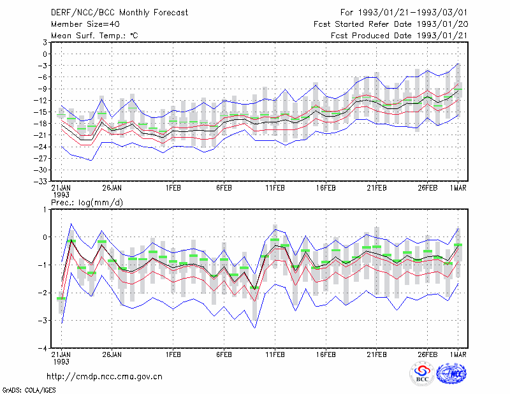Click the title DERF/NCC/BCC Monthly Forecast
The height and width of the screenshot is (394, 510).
pos(119,13)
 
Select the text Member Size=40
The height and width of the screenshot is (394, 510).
pos(85,24)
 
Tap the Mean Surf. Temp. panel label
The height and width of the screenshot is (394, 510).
pos(94,36)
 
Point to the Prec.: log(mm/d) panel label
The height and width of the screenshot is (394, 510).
pos(87,203)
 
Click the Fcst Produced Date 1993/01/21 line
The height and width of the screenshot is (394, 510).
pos(399,36)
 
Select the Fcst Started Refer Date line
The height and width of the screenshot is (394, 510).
pos(391,24)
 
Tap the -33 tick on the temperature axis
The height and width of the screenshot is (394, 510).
pos(41,182)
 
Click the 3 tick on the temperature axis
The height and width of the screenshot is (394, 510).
pos(45,42)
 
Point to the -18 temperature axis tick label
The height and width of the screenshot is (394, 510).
pos(41,124)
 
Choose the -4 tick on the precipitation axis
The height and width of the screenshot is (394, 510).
pos(43,349)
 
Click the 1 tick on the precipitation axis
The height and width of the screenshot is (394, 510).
pos(45,210)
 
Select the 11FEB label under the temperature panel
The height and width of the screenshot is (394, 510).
pos(275,188)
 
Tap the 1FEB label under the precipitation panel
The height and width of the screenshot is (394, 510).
pos(173,354)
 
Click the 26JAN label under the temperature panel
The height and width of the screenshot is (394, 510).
pos(112,188)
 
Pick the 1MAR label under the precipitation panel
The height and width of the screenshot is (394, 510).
pos(458,354)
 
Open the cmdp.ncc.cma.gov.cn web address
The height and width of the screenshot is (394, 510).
pos(105,377)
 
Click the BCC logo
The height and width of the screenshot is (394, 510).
pos(422,374)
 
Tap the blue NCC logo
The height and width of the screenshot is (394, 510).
pos(452,374)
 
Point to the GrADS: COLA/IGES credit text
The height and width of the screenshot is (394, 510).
pos(29,390)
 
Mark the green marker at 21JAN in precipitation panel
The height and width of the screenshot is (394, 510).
pos(61,298)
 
